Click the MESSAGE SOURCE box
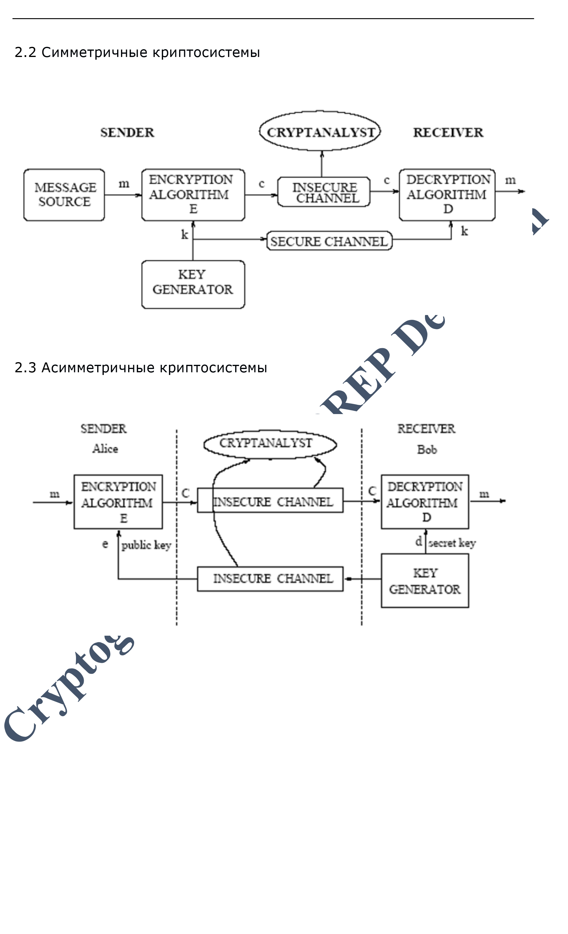pos(64,195)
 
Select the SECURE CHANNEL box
pos(329,241)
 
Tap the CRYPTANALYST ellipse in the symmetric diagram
pos(320,132)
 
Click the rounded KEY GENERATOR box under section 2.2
pos(193,284)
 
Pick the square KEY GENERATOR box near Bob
pos(425,581)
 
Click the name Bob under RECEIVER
pos(427,450)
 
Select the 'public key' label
pos(146,545)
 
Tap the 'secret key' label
pos(452,543)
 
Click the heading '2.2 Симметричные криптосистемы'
pos(137,52)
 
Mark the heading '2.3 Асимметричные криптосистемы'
pos(141,368)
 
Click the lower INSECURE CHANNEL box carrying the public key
pos(270,579)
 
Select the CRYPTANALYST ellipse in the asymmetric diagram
pos(270,444)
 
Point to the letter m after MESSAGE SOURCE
pos(124,184)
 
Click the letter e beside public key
pos(105,544)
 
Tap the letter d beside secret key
pos(418,541)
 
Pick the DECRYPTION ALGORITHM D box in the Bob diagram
pos(425,502)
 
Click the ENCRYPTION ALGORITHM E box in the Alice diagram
pos(118,502)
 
